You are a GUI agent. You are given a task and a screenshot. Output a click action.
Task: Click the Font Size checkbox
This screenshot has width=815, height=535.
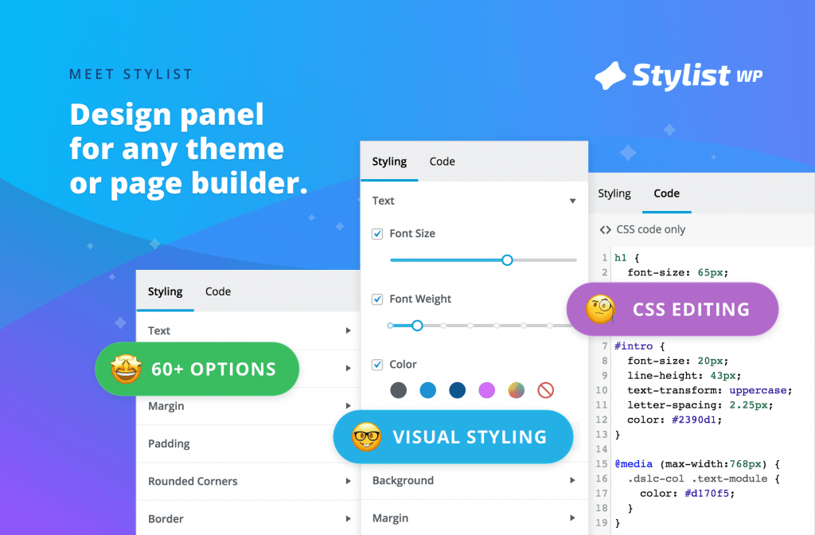[377, 234]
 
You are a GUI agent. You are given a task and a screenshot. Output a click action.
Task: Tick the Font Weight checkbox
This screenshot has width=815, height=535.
[377, 299]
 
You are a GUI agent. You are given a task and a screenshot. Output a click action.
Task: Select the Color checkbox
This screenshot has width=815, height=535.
[377, 365]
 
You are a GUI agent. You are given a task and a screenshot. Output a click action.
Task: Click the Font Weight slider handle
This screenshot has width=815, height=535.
[417, 326]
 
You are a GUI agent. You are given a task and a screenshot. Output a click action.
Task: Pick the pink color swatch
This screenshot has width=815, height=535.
[486, 390]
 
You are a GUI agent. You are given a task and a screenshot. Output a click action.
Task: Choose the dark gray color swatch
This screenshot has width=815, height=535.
[399, 390]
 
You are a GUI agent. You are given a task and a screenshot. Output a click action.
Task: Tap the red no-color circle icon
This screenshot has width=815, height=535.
[546, 390]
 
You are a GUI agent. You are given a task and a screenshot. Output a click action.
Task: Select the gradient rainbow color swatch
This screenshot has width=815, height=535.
[516, 390]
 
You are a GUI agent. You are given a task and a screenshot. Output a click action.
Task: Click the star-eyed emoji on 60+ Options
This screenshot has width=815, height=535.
[127, 369]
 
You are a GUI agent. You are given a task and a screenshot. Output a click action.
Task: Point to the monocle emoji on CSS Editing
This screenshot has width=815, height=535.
[600, 310]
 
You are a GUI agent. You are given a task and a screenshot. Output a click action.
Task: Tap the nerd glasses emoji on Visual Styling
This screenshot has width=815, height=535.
[366, 437]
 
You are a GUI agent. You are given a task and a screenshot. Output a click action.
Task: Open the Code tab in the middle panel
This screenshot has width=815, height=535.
[443, 162]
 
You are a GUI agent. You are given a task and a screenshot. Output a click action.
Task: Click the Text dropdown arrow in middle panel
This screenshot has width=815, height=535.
[572, 201]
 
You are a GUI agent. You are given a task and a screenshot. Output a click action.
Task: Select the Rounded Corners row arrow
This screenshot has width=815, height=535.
[349, 481]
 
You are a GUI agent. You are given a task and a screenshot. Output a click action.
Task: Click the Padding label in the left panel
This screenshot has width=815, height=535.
[169, 444]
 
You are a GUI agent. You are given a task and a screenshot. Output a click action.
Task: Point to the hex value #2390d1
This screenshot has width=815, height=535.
[694, 420]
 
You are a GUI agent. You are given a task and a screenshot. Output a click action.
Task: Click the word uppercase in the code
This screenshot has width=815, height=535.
[758, 390]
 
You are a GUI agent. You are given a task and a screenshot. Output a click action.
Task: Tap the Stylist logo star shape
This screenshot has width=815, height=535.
[610, 76]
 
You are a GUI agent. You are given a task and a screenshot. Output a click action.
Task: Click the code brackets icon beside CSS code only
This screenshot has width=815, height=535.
[605, 230]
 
